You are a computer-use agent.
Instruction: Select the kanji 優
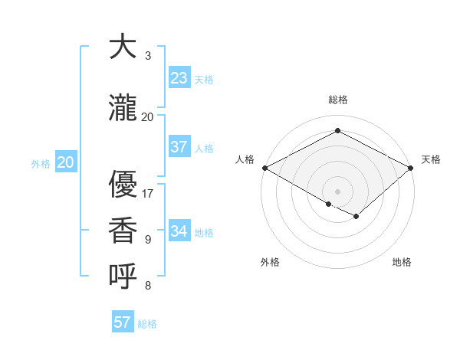point(123,184)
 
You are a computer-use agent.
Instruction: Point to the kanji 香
point(123,231)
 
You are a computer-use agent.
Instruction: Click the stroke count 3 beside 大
point(148,56)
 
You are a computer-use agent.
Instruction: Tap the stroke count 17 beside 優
point(148,193)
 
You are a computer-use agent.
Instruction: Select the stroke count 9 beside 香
point(148,240)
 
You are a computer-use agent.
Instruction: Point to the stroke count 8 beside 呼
point(148,286)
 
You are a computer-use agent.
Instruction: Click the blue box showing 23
point(179,78)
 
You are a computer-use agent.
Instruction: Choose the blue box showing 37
point(179,147)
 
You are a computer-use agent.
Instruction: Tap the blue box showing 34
point(179,231)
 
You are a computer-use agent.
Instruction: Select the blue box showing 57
point(123,322)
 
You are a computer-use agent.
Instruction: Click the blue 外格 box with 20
point(66,162)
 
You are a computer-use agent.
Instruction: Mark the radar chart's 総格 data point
point(337,131)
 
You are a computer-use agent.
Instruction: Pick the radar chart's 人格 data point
point(264,168)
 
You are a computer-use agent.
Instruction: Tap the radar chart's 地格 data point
point(356,217)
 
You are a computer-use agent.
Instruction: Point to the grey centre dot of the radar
point(337,191)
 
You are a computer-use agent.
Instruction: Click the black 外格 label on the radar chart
point(270,262)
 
